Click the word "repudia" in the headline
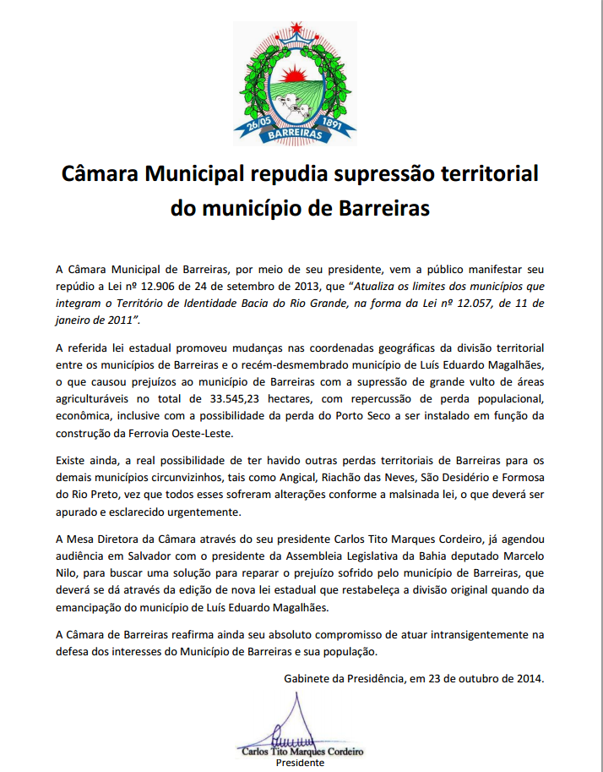(x=284, y=175)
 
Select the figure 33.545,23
(x=273, y=398)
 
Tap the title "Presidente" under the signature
(x=301, y=763)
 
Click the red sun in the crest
(x=295, y=67)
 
